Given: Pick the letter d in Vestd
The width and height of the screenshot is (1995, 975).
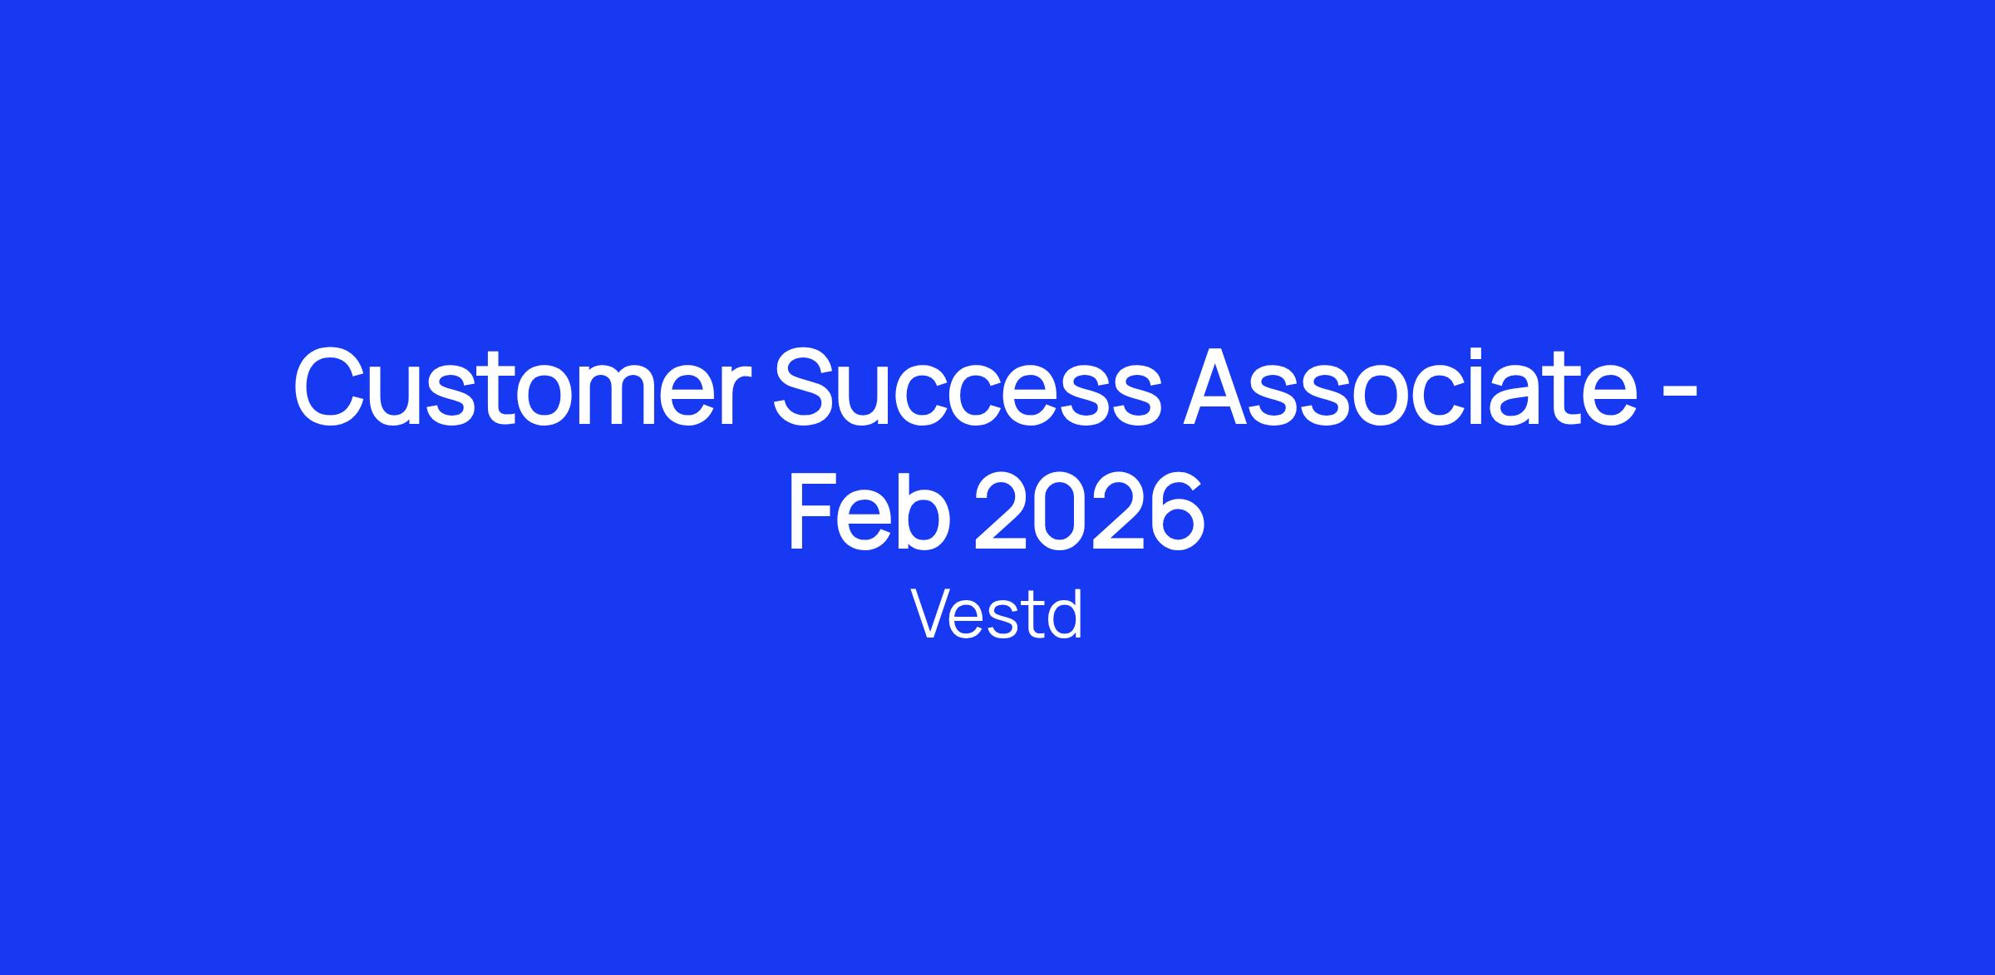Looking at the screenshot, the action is (x=1065, y=614).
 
